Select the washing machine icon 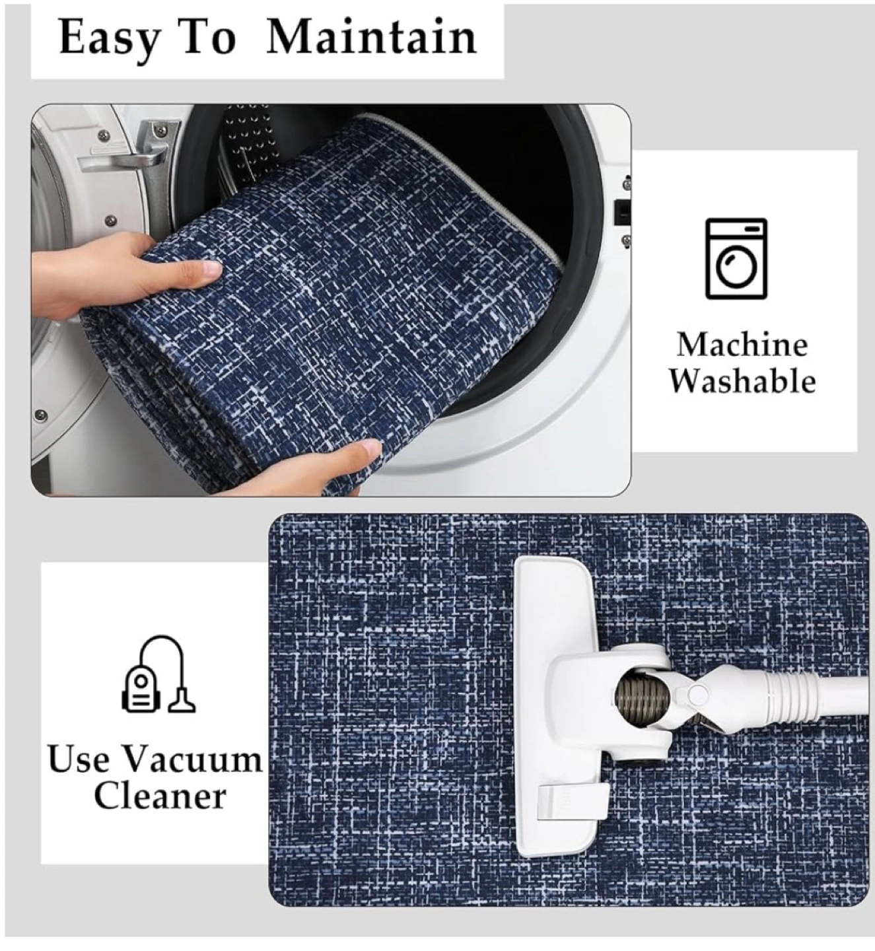[736, 259]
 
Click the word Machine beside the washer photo [742, 345]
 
